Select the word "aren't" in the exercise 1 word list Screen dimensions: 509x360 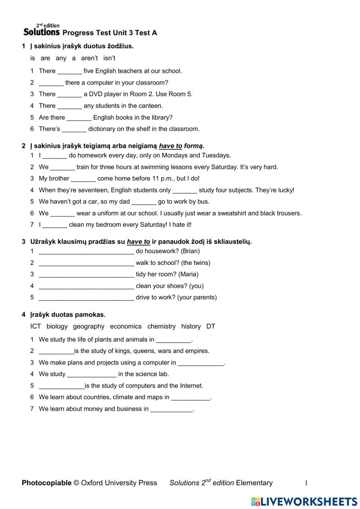89,58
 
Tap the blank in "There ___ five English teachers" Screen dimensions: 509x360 69,71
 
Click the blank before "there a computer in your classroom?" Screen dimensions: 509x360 51,83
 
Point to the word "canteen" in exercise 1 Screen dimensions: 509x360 152,106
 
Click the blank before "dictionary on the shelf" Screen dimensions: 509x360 74,129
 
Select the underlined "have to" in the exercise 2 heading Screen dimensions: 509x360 170,146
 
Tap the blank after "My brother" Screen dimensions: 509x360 83,179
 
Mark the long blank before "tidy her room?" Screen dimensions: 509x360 86,274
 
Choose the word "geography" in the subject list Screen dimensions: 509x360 89,326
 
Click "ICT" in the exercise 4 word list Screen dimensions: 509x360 36,326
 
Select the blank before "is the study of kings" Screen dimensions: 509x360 56,351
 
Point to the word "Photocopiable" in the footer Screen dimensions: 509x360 46,483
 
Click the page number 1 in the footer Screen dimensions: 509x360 306,483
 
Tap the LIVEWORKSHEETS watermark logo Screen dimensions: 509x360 304,501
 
